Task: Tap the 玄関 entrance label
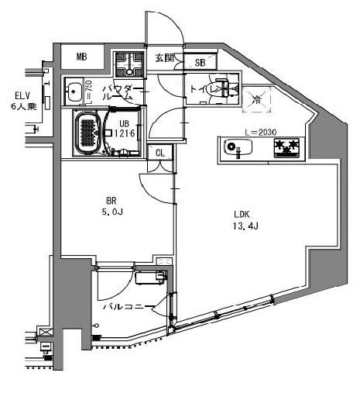pyautogui.click(x=164, y=57)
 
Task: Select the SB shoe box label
pyautogui.click(x=200, y=63)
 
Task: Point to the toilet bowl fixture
pyautogui.click(x=227, y=89)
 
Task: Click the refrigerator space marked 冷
pyautogui.click(x=257, y=98)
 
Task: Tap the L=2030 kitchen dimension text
pyautogui.click(x=261, y=133)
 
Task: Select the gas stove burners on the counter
pyautogui.click(x=286, y=147)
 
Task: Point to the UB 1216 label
pyautogui.click(x=125, y=129)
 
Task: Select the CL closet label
pyautogui.click(x=160, y=153)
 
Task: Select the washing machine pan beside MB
pyautogui.click(x=128, y=64)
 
